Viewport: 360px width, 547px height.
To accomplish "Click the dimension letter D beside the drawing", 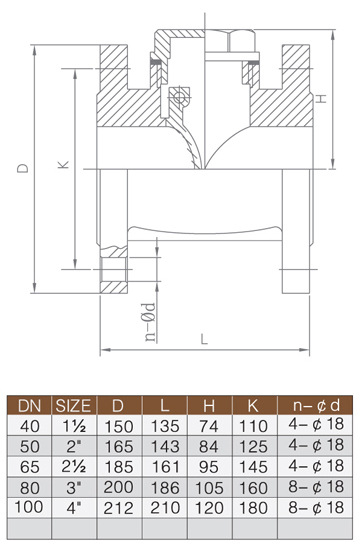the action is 23,168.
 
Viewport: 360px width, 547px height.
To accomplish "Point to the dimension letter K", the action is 63,164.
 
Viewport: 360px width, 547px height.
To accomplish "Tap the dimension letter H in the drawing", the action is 321,98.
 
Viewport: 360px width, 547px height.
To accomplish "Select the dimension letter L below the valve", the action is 204,339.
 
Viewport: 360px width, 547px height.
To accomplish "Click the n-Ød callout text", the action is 150,322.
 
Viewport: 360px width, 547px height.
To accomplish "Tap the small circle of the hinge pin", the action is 179,97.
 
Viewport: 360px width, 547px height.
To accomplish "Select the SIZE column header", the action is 73,406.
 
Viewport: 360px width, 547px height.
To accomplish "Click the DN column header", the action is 30,406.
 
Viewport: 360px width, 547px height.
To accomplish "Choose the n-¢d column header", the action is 316,405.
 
